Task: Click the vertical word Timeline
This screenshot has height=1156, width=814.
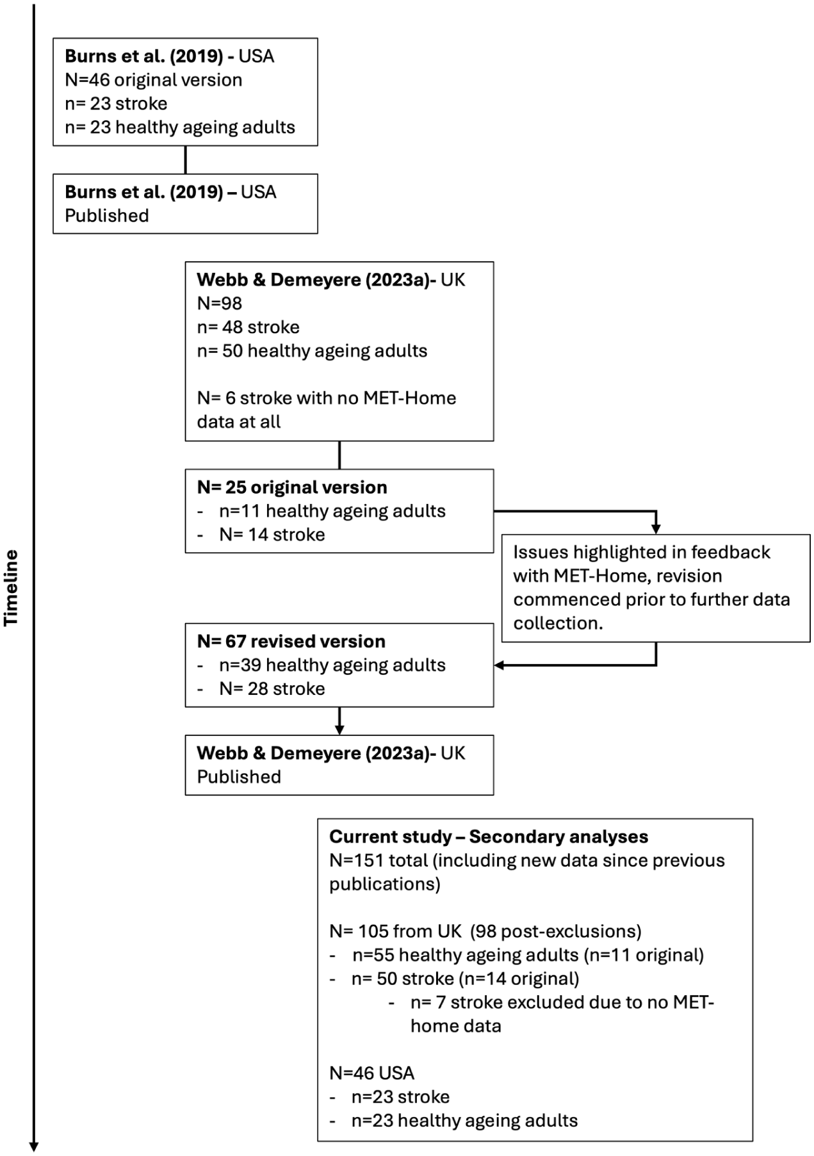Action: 12,587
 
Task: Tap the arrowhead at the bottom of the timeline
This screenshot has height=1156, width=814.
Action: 33,1146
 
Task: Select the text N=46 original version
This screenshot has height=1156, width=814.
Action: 154,80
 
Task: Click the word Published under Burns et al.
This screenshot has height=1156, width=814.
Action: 107,216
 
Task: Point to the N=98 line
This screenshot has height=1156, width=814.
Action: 220,304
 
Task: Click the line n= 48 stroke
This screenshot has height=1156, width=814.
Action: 248,327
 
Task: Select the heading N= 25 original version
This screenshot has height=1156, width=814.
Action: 292,487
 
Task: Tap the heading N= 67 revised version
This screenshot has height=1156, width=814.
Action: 291,642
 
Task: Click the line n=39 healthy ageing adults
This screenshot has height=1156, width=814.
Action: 332,665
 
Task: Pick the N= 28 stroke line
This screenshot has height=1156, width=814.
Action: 272,689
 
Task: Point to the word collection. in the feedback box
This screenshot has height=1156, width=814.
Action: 558,624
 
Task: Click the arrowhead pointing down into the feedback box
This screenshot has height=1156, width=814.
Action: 656,529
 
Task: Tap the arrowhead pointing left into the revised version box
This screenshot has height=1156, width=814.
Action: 500,665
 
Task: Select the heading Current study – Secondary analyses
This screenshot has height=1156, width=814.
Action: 489,837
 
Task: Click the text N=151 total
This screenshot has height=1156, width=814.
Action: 379,861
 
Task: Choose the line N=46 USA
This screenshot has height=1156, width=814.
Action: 371,1073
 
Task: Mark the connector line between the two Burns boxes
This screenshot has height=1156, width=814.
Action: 186,159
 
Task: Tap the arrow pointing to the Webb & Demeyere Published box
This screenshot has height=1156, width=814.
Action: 339,720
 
